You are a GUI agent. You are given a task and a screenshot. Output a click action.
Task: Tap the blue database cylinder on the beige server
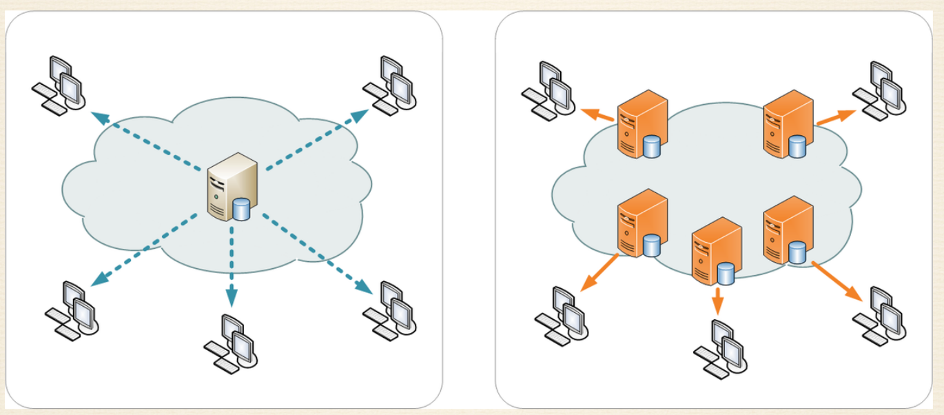coord(241,209)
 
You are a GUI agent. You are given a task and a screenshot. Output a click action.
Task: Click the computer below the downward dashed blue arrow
coord(230,342)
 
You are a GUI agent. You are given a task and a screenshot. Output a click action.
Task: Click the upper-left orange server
coord(641,124)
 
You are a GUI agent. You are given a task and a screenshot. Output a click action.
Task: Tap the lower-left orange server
coord(641,224)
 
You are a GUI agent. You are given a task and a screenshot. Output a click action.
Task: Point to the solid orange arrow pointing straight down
coord(718,300)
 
